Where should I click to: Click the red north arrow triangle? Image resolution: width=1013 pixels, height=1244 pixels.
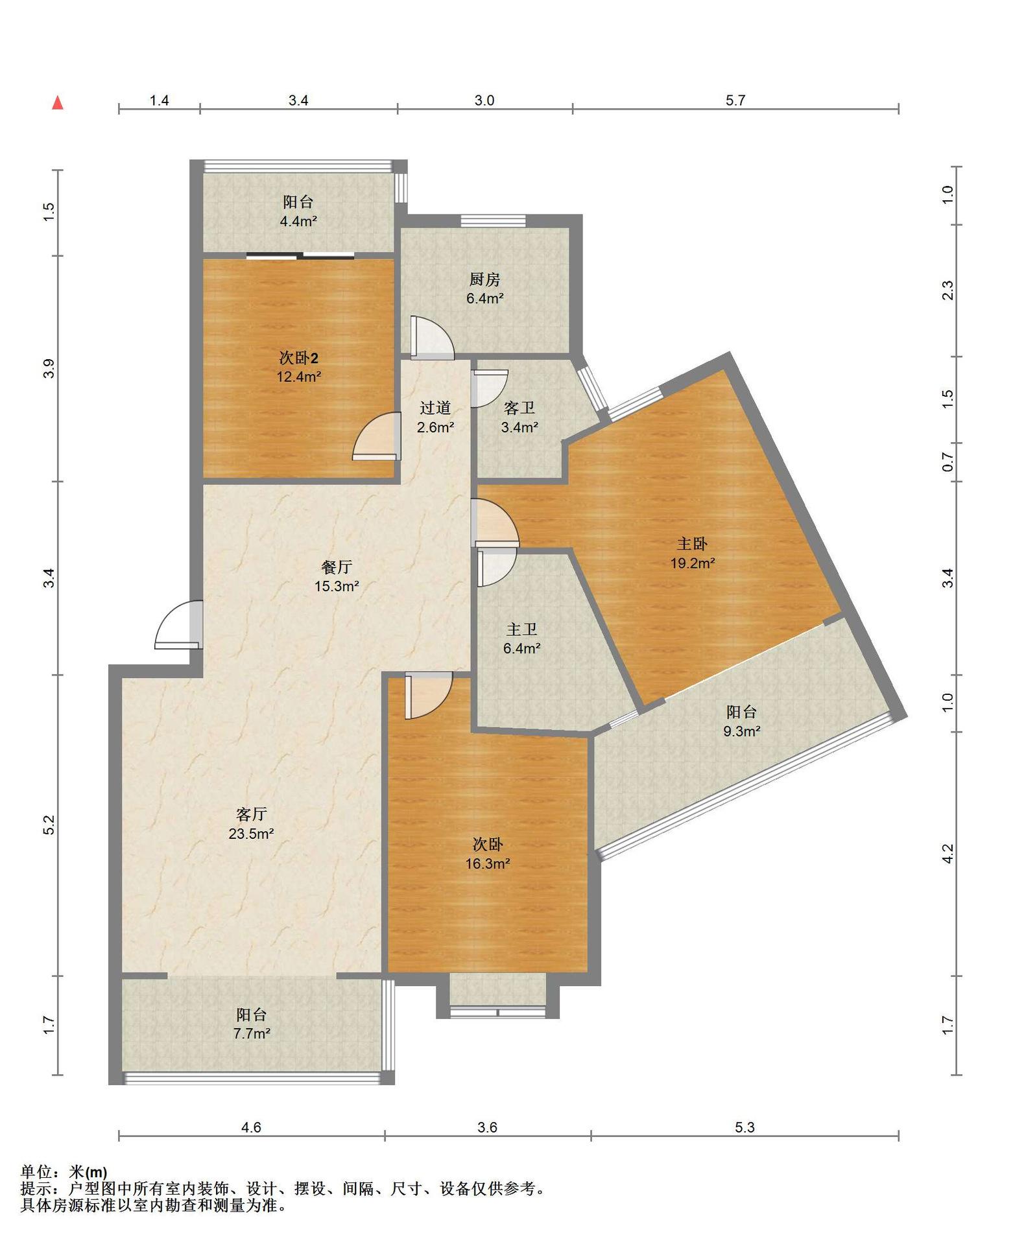tap(58, 102)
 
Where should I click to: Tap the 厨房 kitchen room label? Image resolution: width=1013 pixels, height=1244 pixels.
tap(485, 279)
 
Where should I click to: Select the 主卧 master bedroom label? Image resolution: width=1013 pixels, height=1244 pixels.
tap(693, 543)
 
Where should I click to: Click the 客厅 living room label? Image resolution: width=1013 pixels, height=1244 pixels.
tap(251, 814)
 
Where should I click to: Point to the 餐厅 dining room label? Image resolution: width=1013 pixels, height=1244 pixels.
tap(337, 567)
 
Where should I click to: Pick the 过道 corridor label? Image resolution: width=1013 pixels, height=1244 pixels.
tap(435, 408)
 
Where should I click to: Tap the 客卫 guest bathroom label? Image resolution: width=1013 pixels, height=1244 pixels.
tap(519, 408)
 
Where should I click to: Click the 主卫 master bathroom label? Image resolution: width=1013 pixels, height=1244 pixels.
tap(522, 629)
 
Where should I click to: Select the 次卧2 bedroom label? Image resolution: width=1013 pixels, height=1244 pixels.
tap(298, 357)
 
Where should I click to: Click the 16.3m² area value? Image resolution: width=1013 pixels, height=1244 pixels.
tap(487, 863)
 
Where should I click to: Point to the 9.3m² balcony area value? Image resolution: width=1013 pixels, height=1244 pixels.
tap(742, 731)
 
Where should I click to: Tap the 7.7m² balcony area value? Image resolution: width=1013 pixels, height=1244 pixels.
tap(252, 1033)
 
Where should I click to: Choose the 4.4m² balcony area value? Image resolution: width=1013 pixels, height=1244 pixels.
tap(298, 221)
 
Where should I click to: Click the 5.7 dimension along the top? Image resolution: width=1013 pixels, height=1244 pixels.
tap(735, 100)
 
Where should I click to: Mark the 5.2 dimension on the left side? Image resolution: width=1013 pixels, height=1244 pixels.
tap(49, 825)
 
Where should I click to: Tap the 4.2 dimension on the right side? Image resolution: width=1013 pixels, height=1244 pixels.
tap(947, 853)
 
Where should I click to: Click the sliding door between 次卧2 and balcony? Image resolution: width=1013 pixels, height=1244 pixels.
tap(300, 255)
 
